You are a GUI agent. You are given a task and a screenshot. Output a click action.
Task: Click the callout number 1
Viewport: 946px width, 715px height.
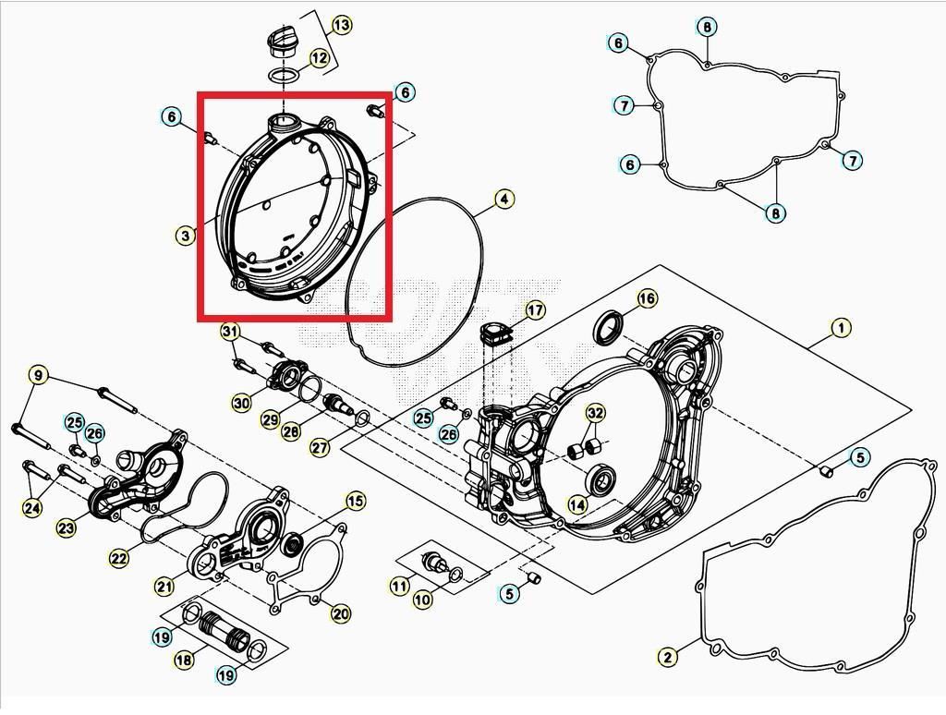click(x=840, y=328)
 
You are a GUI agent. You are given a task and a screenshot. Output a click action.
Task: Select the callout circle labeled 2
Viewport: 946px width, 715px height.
click(x=668, y=657)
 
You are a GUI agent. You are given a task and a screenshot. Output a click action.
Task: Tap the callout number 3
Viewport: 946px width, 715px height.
click(x=186, y=236)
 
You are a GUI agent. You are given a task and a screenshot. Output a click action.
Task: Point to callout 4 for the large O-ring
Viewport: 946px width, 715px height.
click(x=503, y=199)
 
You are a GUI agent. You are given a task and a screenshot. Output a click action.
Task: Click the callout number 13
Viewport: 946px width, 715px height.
click(x=341, y=25)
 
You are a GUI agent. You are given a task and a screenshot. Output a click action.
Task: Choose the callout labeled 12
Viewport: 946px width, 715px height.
click(x=319, y=58)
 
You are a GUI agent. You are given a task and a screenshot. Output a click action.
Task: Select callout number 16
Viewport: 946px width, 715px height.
click(x=647, y=298)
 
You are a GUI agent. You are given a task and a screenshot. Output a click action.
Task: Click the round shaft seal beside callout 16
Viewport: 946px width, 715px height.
click(x=607, y=327)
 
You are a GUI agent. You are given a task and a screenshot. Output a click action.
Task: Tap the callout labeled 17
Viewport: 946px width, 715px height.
click(x=535, y=310)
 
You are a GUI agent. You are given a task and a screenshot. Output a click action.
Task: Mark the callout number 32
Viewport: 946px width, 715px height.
click(x=596, y=413)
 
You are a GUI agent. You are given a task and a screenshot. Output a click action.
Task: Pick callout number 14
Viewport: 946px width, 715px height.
click(x=576, y=504)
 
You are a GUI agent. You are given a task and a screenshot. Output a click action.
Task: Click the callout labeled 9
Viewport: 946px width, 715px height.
click(x=38, y=375)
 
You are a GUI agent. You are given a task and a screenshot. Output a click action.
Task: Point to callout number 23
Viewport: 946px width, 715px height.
click(x=66, y=528)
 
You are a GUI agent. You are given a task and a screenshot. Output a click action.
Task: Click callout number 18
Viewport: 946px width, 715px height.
click(x=184, y=659)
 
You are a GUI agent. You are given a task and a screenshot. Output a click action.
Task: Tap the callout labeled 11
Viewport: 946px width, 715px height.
click(x=399, y=586)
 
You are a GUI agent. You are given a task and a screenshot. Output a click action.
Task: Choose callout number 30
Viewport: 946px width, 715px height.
click(x=241, y=403)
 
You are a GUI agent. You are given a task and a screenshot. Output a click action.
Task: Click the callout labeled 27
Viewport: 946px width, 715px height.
click(x=319, y=448)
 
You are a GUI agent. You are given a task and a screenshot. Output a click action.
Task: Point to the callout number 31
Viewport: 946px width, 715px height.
click(x=230, y=332)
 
